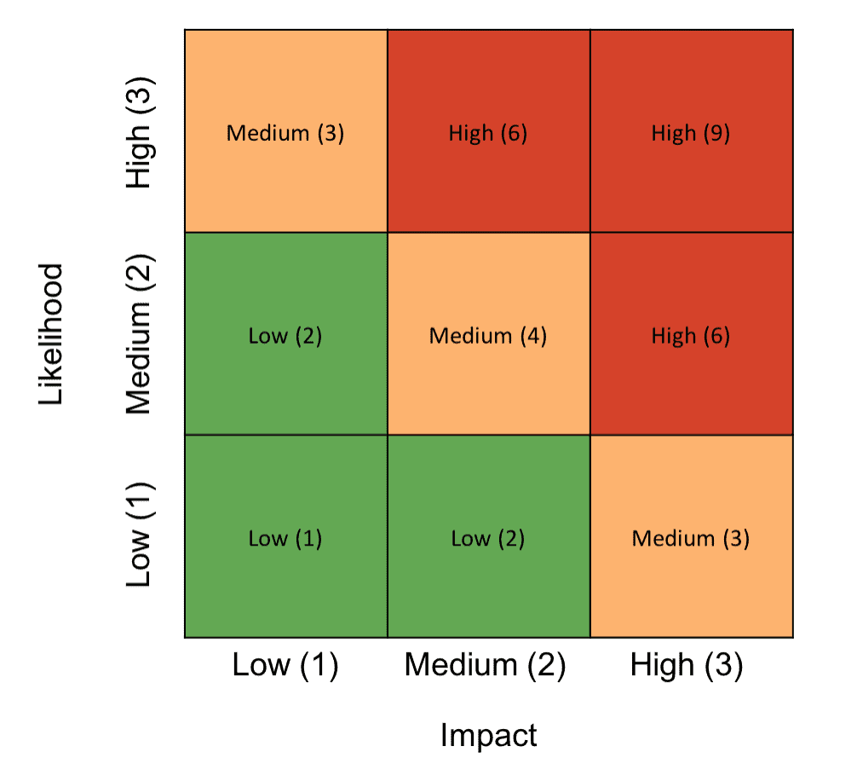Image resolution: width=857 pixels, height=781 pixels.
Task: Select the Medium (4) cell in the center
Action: point(488,334)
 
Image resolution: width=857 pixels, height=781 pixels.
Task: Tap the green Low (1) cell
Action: point(285,537)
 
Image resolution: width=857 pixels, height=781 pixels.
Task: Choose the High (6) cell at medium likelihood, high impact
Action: point(691,334)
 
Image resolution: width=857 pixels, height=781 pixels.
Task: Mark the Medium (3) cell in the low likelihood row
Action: point(691,537)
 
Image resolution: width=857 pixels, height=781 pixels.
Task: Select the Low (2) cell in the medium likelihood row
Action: point(285,334)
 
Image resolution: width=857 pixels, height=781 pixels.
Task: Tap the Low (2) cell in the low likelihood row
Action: point(488,537)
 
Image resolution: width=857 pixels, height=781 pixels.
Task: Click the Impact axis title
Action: point(488,734)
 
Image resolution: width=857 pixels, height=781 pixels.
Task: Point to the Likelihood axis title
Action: point(51,334)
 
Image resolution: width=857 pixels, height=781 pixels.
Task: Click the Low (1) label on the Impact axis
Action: point(285,665)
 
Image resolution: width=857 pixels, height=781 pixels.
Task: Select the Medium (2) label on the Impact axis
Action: point(485,665)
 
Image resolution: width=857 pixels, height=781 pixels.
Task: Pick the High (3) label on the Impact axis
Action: point(687,665)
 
